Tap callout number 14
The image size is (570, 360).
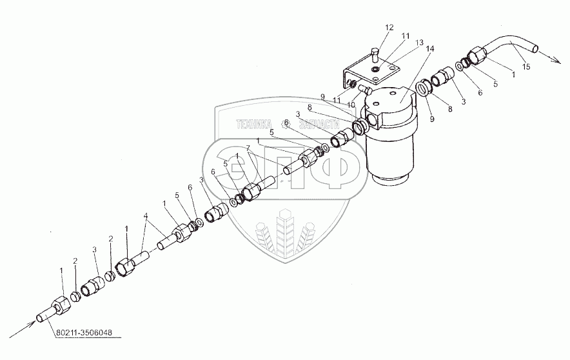tap(429, 49)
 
